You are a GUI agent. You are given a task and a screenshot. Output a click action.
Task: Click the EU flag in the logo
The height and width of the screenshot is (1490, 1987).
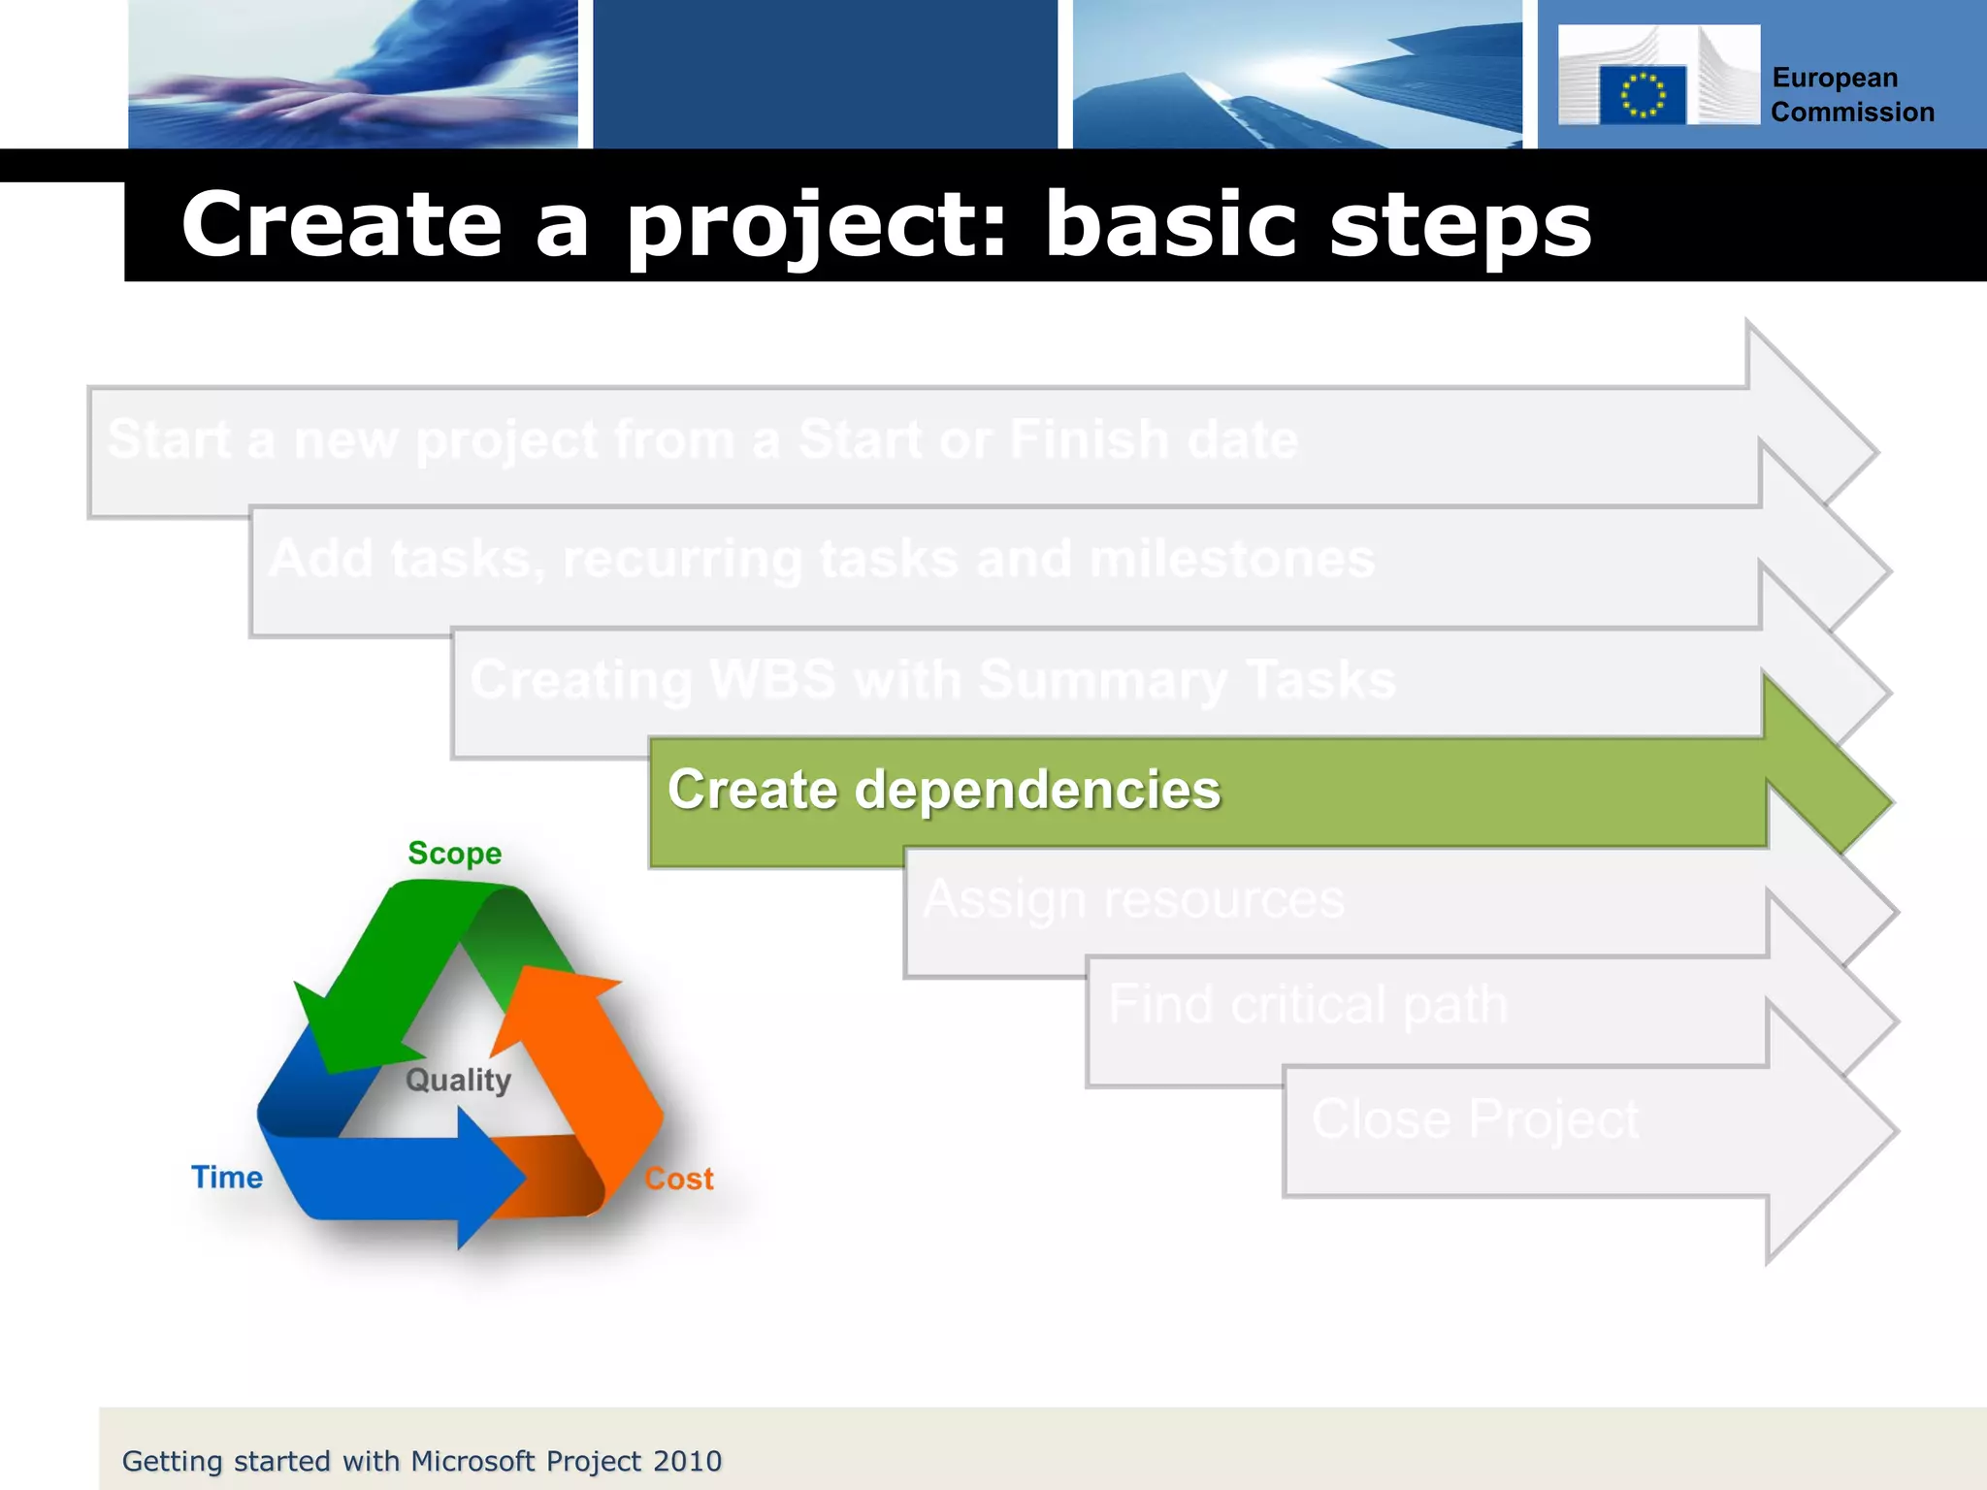1642,95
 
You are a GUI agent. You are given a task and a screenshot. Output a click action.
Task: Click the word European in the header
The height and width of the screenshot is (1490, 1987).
1834,79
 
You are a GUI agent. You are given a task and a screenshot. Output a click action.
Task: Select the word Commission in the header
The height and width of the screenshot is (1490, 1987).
1852,113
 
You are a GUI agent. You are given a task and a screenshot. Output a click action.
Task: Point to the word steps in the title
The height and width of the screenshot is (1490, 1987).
1459,225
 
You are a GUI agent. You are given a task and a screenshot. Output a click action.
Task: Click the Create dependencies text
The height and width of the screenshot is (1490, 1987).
943,790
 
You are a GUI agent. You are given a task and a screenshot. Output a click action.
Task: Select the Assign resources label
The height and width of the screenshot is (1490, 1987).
1133,899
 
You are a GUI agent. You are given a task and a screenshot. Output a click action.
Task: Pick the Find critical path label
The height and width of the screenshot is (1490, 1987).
1307,1004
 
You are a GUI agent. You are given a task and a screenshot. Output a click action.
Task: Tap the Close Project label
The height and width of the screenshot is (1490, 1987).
1474,1118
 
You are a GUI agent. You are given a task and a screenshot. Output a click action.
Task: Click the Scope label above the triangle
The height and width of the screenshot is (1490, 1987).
454,854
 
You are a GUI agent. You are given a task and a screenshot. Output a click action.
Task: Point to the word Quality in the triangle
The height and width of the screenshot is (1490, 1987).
458,1080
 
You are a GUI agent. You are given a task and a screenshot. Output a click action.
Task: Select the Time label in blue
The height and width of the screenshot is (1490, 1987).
226,1178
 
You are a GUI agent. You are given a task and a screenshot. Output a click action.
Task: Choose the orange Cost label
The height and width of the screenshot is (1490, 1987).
678,1180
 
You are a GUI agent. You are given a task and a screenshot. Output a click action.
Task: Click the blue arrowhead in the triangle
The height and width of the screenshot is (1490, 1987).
490,1178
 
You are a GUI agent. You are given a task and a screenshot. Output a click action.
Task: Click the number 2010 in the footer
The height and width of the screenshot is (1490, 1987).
687,1461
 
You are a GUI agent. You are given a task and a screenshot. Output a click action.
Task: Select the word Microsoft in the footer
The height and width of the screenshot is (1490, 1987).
472,1461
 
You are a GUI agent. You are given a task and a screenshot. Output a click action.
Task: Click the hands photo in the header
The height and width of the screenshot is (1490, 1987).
353,75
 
